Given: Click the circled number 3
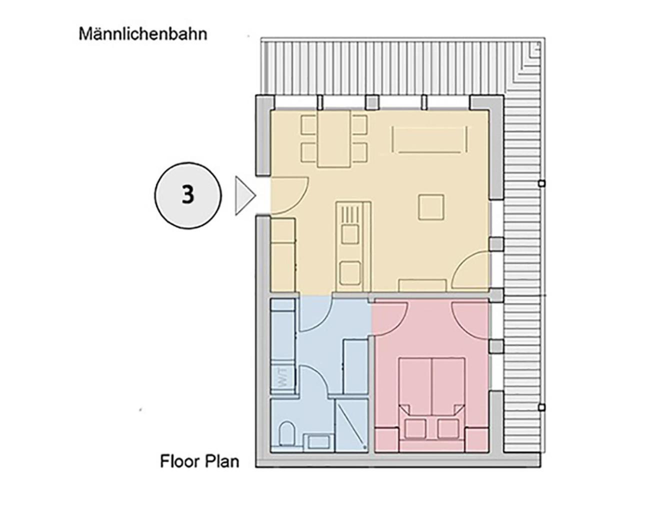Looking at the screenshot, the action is [187, 195].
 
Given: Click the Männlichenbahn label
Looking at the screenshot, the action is [143, 34].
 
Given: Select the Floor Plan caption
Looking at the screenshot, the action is [199, 461].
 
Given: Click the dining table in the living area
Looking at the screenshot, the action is [334, 138].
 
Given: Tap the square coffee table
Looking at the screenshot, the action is [431, 207].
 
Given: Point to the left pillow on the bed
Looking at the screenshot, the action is [415, 428].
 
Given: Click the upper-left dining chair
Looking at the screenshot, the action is [309, 125].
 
